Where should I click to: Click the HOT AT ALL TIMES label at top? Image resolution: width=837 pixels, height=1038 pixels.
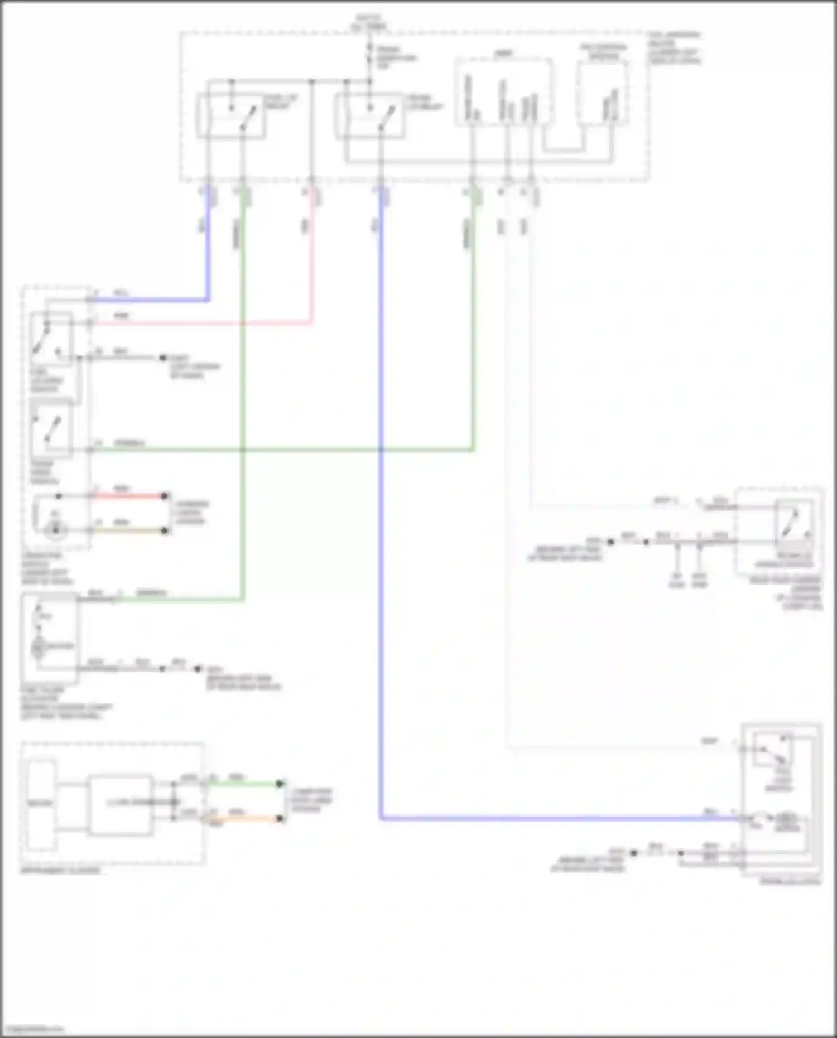click(x=369, y=22)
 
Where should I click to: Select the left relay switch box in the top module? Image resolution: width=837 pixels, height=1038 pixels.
click(x=230, y=116)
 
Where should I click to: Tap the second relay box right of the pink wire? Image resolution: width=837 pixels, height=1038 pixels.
click(x=369, y=116)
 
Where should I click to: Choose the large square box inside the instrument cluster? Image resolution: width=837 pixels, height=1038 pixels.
click(x=121, y=805)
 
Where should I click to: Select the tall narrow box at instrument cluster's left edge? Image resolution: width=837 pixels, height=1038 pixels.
click(x=41, y=804)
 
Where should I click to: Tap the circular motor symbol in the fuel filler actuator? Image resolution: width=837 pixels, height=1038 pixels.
click(x=39, y=646)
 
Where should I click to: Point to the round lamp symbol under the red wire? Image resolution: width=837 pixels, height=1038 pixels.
click(x=55, y=530)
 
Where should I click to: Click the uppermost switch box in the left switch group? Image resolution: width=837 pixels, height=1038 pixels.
click(x=51, y=339)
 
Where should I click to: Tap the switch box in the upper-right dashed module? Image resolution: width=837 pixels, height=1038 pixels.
click(x=793, y=523)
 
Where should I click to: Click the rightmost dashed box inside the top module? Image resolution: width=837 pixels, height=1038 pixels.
click(x=603, y=92)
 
